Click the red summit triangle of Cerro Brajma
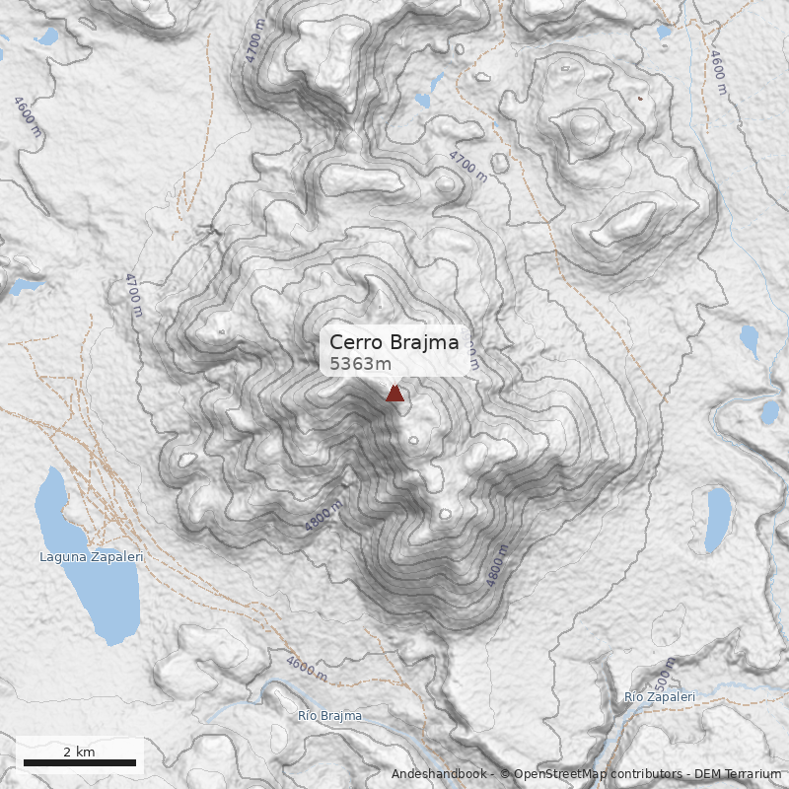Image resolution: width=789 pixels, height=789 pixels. click(395, 394)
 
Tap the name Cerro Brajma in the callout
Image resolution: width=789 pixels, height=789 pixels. click(394, 342)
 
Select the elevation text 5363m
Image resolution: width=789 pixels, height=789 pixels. click(354, 364)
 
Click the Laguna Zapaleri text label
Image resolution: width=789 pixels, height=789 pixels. click(92, 557)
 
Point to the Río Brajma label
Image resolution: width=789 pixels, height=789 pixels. click(329, 716)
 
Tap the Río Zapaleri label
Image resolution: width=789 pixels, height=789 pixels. click(659, 697)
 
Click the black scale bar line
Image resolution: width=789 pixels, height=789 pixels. click(79, 763)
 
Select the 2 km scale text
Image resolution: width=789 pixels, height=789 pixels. click(79, 752)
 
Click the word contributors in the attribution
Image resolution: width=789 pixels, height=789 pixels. click(642, 774)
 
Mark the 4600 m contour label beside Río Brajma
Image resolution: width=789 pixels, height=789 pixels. click(307, 668)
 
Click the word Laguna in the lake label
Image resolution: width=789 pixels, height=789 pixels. click(60, 557)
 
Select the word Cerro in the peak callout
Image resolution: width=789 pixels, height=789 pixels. click(353, 342)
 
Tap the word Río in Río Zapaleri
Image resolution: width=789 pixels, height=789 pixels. click(633, 697)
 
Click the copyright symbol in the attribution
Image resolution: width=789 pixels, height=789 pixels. click(504, 774)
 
